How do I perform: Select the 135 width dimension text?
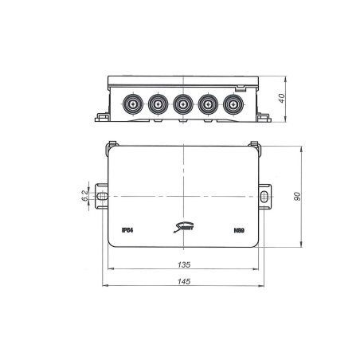pos(185,265)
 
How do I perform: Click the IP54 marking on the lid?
pos(127,229)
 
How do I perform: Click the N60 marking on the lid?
pos(238,229)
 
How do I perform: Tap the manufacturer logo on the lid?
pos(183,229)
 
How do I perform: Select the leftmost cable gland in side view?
pos(131,104)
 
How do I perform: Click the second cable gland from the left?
pos(156,104)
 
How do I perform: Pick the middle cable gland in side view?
pos(182,104)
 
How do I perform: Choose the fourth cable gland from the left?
pos(208,104)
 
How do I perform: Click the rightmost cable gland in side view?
pos(233,104)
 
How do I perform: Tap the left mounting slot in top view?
pos(103,194)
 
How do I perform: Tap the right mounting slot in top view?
pos(264,194)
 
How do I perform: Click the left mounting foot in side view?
pos(102,117)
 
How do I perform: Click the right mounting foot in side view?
pos(261,117)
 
